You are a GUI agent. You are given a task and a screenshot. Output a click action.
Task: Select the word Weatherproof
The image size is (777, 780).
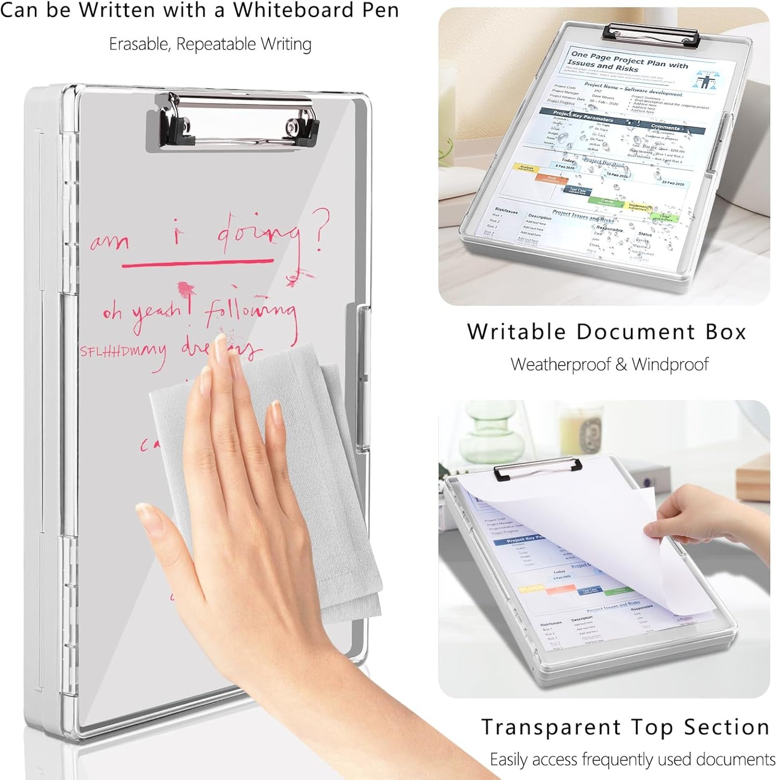tap(561, 364)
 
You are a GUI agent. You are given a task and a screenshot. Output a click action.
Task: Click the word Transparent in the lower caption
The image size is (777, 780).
tap(551, 727)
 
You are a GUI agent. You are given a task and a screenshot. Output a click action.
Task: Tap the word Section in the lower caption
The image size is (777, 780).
tap(726, 727)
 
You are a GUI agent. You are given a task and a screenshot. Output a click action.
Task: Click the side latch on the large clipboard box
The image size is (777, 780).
tap(363, 376)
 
